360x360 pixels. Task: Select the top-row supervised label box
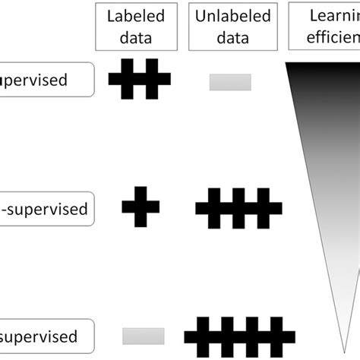[46, 80]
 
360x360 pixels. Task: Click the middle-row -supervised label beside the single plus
[46, 208]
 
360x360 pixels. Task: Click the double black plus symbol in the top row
[140, 80]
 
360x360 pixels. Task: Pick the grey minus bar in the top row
[230, 81]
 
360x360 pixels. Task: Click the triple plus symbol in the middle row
[238, 207]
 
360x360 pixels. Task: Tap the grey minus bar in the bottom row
[143, 336]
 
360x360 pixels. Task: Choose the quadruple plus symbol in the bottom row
[238, 336]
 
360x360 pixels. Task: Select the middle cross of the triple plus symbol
[238, 207]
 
